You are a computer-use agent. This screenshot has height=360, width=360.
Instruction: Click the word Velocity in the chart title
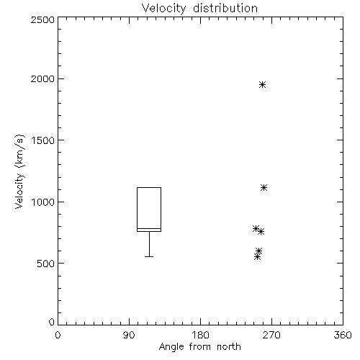pos(164,9)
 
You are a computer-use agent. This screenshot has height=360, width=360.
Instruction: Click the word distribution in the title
pos(225,8)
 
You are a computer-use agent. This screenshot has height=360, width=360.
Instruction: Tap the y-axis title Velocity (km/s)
pos(19,171)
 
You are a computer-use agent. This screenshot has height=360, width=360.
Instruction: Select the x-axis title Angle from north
pos(200,347)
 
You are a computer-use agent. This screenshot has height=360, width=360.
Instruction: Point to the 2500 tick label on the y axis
pos(42,19)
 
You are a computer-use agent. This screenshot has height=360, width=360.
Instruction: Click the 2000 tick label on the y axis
pos(42,79)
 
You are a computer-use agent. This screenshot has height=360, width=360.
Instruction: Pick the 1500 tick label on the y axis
pos(43,140)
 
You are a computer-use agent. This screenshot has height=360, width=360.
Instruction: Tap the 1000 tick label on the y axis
pos(43,202)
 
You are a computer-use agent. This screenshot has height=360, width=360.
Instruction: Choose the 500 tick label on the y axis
pos(46,264)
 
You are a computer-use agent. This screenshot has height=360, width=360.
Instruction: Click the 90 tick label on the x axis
pos(129,335)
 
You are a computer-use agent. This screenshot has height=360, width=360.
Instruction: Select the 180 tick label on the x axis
pos(200,335)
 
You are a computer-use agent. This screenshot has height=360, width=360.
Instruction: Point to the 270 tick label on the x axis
pos(271,335)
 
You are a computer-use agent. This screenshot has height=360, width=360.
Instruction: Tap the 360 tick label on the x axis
pos(343,335)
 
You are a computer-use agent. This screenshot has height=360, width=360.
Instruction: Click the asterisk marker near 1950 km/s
pos(262,84)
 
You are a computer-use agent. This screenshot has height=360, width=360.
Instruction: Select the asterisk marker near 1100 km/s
pos(264,187)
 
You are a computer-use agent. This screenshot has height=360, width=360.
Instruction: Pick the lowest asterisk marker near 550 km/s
pos(257,257)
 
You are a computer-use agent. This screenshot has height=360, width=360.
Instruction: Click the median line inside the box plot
pos(149,228)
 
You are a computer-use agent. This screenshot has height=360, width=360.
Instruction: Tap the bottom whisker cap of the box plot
pos(149,256)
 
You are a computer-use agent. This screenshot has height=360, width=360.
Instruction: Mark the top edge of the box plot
pos(149,187)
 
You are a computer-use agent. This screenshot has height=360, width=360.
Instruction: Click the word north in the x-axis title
pos(229,347)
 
